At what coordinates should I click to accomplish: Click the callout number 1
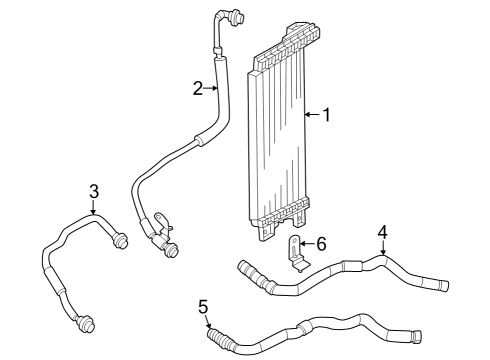coord(325,115)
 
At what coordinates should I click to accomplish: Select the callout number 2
coord(198,88)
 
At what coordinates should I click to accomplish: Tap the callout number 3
coord(93,191)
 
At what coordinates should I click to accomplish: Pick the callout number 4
coord(381,233)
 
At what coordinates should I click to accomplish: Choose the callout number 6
coord(321,243)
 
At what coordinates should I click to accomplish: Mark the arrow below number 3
coord(93,207)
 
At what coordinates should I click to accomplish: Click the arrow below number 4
coord(381,249)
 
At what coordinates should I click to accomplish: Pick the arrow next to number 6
coord(307,243)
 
